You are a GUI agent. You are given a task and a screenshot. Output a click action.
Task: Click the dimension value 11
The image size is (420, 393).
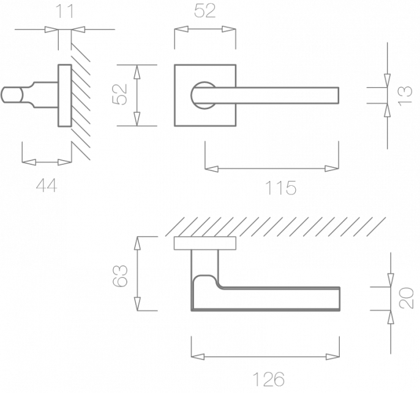coord(64,11)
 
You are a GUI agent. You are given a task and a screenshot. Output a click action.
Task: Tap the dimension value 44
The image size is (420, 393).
coord(47,185)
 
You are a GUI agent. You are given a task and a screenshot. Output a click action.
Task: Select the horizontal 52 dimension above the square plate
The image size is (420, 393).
coord(205,11)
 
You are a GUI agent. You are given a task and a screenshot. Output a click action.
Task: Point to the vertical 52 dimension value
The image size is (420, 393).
coord(120,94)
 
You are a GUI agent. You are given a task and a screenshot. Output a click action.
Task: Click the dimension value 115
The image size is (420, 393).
coord(280,188)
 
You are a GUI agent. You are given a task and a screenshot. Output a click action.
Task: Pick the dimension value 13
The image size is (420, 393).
coord(405,96)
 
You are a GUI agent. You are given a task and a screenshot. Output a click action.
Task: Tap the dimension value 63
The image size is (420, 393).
coord(120,276)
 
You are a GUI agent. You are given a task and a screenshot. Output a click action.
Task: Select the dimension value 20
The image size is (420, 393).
coord(407,298)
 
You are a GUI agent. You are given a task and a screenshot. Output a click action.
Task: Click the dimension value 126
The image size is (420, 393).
coord(268,379)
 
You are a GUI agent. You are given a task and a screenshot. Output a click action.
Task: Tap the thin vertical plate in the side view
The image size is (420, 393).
coord(65,96)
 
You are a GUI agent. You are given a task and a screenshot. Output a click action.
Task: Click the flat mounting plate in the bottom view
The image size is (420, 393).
coord(205,243)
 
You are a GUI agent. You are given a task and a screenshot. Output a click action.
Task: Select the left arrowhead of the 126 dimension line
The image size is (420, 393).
coord(198,356)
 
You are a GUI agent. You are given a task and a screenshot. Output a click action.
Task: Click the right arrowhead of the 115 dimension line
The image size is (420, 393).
coord(332,169)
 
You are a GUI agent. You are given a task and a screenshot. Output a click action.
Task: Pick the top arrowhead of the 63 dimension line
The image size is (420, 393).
coord(137,243)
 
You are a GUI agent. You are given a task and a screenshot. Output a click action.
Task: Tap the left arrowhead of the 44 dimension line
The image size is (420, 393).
coord(29,162)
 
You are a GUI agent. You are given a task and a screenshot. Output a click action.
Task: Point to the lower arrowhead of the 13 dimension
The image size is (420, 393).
coord(387,110)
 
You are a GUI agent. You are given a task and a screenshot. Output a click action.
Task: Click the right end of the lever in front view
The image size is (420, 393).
coord(339,95)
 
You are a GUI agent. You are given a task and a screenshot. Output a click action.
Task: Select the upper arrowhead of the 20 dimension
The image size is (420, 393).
coord(391,280)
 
